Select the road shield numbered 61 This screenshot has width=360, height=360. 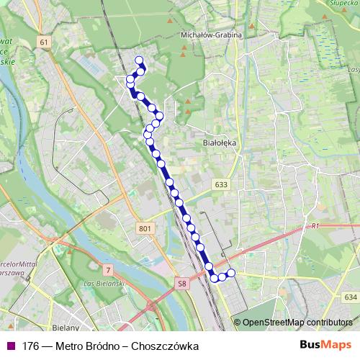[44, 42]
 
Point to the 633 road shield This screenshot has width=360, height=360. [221, 185]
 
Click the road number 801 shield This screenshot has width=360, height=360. [144, 228]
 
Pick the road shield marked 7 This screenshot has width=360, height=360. [108, 270]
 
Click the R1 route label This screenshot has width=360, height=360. [315, 226]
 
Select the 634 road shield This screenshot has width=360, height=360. [350, 297]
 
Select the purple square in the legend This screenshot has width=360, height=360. [10, 346]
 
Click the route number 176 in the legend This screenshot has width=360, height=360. [30, 346]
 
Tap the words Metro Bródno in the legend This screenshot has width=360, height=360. [90, 346]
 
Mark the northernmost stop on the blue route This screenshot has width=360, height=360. [139, 60]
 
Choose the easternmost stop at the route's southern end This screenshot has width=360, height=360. [231, 273]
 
